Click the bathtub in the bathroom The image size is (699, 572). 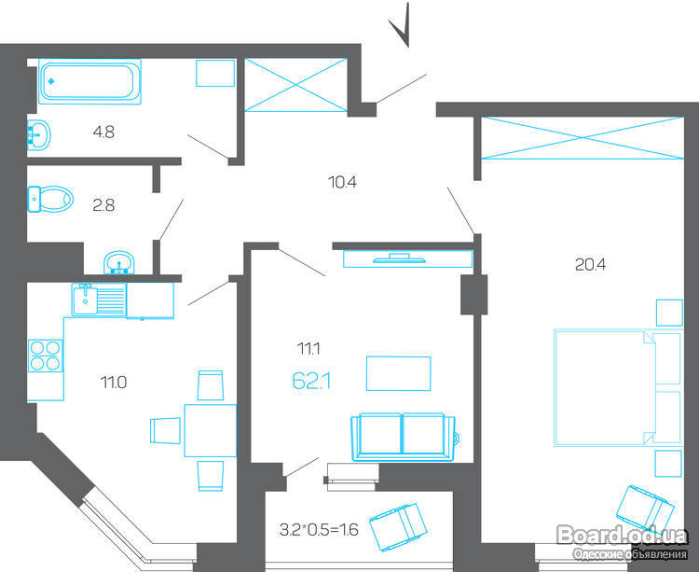(x=89, y=81)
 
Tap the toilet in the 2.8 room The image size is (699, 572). (x=50, y=199)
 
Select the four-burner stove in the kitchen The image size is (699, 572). (x=45, y=356)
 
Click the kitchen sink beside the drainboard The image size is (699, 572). (x=85, y=300)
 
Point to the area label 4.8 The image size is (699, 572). (x=103, y=133)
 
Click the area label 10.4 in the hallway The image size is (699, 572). (x=342, y=182)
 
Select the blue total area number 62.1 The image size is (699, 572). (x=311, y=382)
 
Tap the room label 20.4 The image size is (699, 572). (x=590, y=265)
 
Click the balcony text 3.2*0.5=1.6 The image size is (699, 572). (x=319, y=530)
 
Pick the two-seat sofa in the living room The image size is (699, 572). (x=404, y=437)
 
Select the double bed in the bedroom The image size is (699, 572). (x=618, y=387)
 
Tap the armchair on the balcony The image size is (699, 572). (x=398, y=527)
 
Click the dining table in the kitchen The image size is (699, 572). (x=211, y=430)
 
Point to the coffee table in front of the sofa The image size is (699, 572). (x=399, y=373)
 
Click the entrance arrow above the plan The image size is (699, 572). (x=400, y=26)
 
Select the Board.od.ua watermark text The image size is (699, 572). (x=623, y=536)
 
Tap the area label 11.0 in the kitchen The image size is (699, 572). (x=113, y=383)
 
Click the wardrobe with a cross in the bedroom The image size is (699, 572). (x=582, y=138)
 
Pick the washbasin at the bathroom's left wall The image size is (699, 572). (x=39, y=133)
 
